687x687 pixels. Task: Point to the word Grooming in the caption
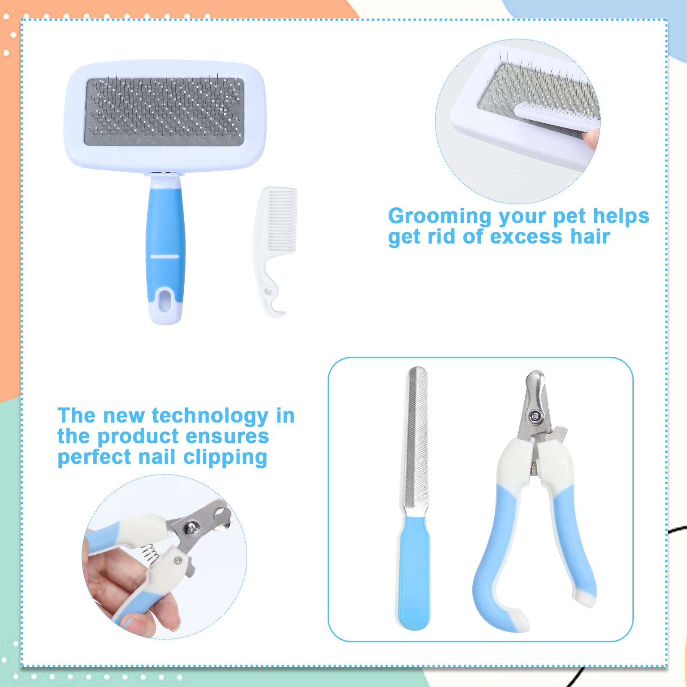tap(439, 216)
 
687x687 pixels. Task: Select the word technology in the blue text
tap(210, 416)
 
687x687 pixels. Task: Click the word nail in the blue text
tap(157, 456)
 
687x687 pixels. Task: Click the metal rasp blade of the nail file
tap(417, 438)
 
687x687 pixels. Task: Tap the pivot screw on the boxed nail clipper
tap(535, 415)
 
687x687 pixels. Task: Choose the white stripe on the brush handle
tap(164, 256)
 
